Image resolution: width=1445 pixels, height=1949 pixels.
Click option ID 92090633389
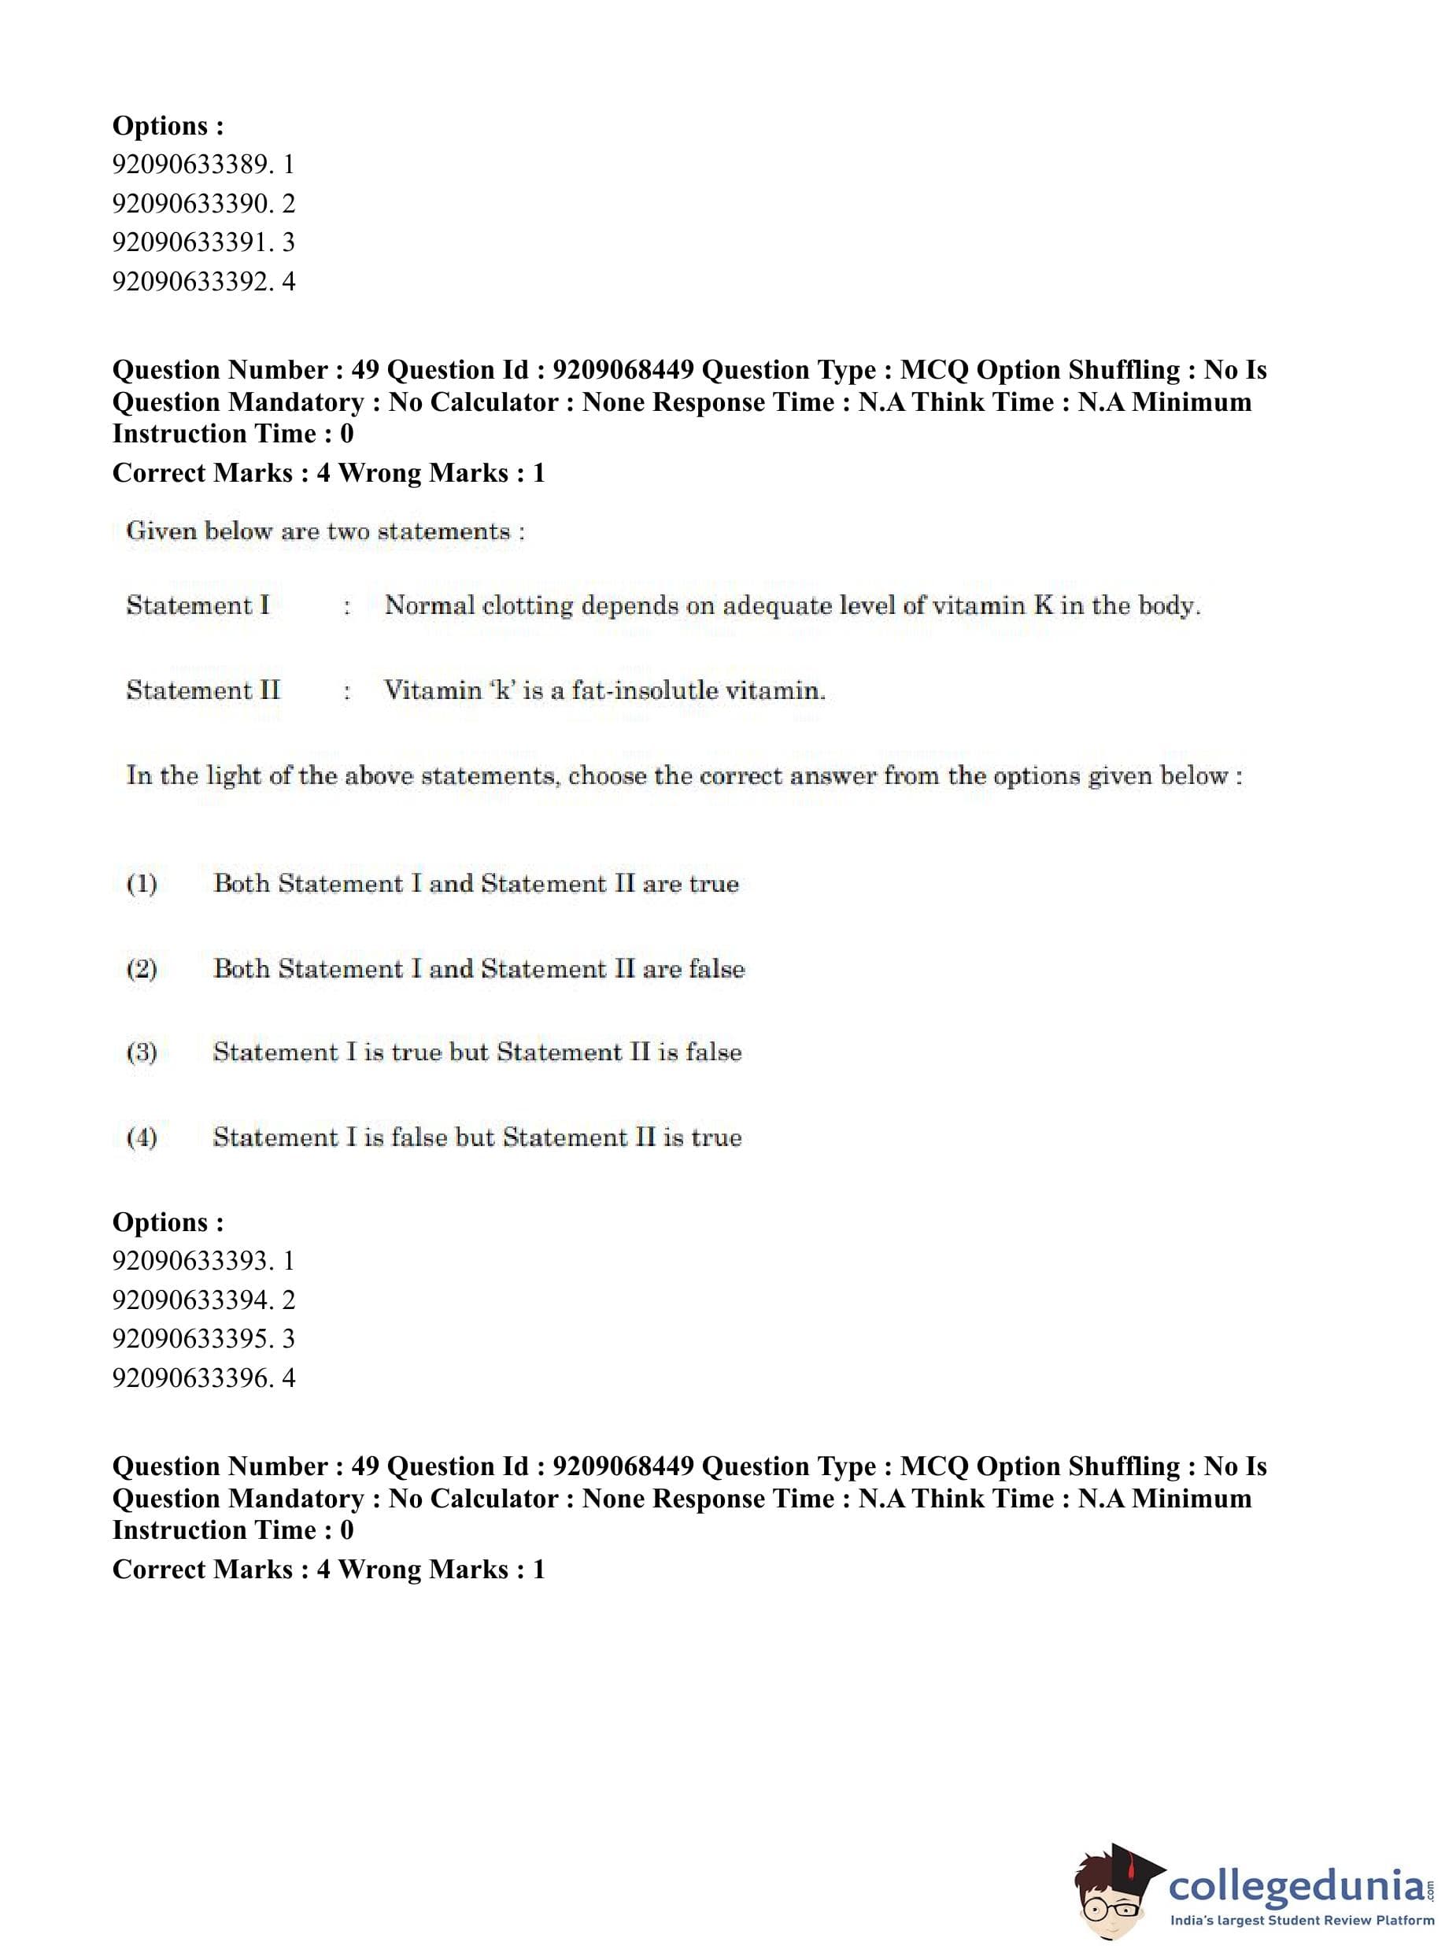point(203,165)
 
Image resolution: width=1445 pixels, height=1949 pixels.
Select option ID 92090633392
point(203,282)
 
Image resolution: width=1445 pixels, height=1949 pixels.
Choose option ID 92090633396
point(203,1378)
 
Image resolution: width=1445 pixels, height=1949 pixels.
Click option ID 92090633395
point(203,1338)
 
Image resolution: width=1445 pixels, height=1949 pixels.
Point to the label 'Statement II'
point(203,690)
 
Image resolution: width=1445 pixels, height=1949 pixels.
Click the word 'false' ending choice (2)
point(716,968)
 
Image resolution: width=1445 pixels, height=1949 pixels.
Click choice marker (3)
point(142,1052)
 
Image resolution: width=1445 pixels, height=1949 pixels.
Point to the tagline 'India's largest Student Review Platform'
point(1302,1920)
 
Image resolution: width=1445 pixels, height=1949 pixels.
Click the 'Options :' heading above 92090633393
point(168,1222)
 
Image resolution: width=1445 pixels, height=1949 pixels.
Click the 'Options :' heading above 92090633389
point(168,126)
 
